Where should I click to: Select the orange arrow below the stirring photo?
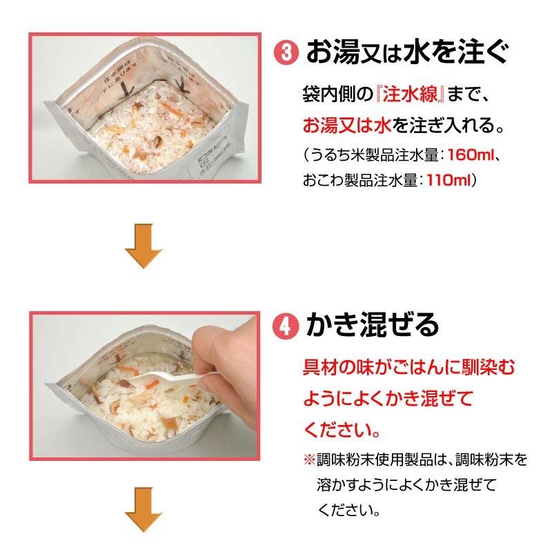point(144,515)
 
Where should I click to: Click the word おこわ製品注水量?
point(356,179)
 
